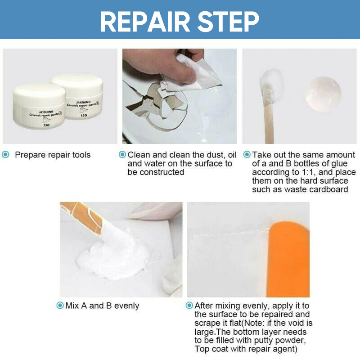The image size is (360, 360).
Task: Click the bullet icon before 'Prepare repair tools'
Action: (x=6, y=155)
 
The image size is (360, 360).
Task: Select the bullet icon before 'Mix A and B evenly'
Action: (x=60, y=306)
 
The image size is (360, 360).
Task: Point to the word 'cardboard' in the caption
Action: (x=329, y=189)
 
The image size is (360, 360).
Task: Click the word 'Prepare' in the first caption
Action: (x=31, y=155)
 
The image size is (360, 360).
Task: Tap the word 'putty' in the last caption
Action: (x=280, y=340)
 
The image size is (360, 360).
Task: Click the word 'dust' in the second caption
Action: (x=207, y=155)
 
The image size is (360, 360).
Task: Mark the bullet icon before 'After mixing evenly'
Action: (x=189, y=306)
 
